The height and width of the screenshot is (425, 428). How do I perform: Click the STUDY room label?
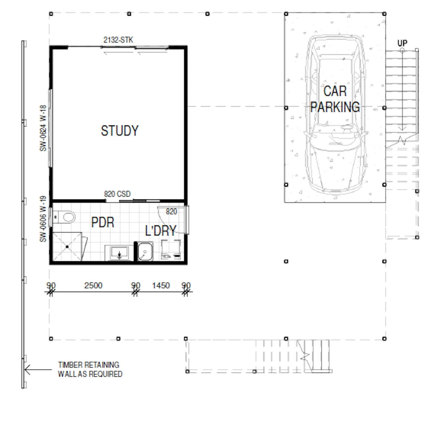click(120, 131)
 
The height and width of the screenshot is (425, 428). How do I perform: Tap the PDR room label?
click(103, 222)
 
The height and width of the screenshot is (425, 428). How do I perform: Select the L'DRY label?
click(160, 230)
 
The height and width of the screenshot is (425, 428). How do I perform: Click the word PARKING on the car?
click(335, 107)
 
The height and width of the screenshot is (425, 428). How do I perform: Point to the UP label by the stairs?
click(402, 43)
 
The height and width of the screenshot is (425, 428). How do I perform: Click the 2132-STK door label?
click(118, 40)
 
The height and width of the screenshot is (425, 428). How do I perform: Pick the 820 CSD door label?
click(117, 194)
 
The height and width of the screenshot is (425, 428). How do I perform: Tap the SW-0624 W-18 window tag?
click(43, 128)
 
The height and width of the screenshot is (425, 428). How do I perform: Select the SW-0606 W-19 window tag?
click(43, 219)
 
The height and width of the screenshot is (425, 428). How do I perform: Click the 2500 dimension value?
click(93, 286)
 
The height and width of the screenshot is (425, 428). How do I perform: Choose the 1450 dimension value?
click(161, 286)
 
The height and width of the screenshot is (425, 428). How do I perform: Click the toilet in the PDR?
click(64, 217)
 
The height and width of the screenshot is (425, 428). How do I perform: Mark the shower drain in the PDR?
click(67, 247)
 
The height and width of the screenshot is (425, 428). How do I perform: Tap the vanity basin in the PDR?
click(120, 253)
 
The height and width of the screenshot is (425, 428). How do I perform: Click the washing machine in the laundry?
click(171, 249)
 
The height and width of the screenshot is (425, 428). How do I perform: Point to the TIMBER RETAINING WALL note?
click(90, 369)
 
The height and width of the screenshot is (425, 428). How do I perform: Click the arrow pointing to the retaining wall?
click(38, 370)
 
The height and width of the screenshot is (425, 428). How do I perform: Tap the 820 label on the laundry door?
click(172, 212)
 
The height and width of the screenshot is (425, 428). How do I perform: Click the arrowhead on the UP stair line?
click(402, 128)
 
